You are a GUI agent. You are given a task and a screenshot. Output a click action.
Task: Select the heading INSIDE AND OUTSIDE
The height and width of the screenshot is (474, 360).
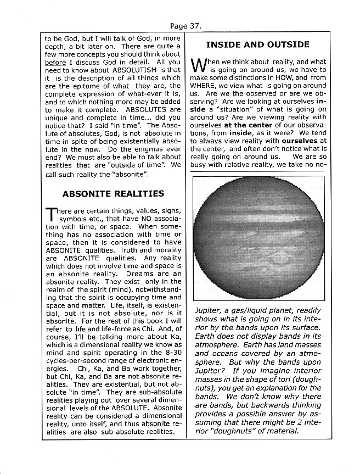click(257, 44)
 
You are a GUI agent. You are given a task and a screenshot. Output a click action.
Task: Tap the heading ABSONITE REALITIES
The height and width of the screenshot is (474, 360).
click(113, 193)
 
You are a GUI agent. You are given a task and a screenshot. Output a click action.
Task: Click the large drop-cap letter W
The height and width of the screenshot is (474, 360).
click(200, 67)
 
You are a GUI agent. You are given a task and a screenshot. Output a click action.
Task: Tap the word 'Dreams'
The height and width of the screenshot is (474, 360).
click(142, 274)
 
